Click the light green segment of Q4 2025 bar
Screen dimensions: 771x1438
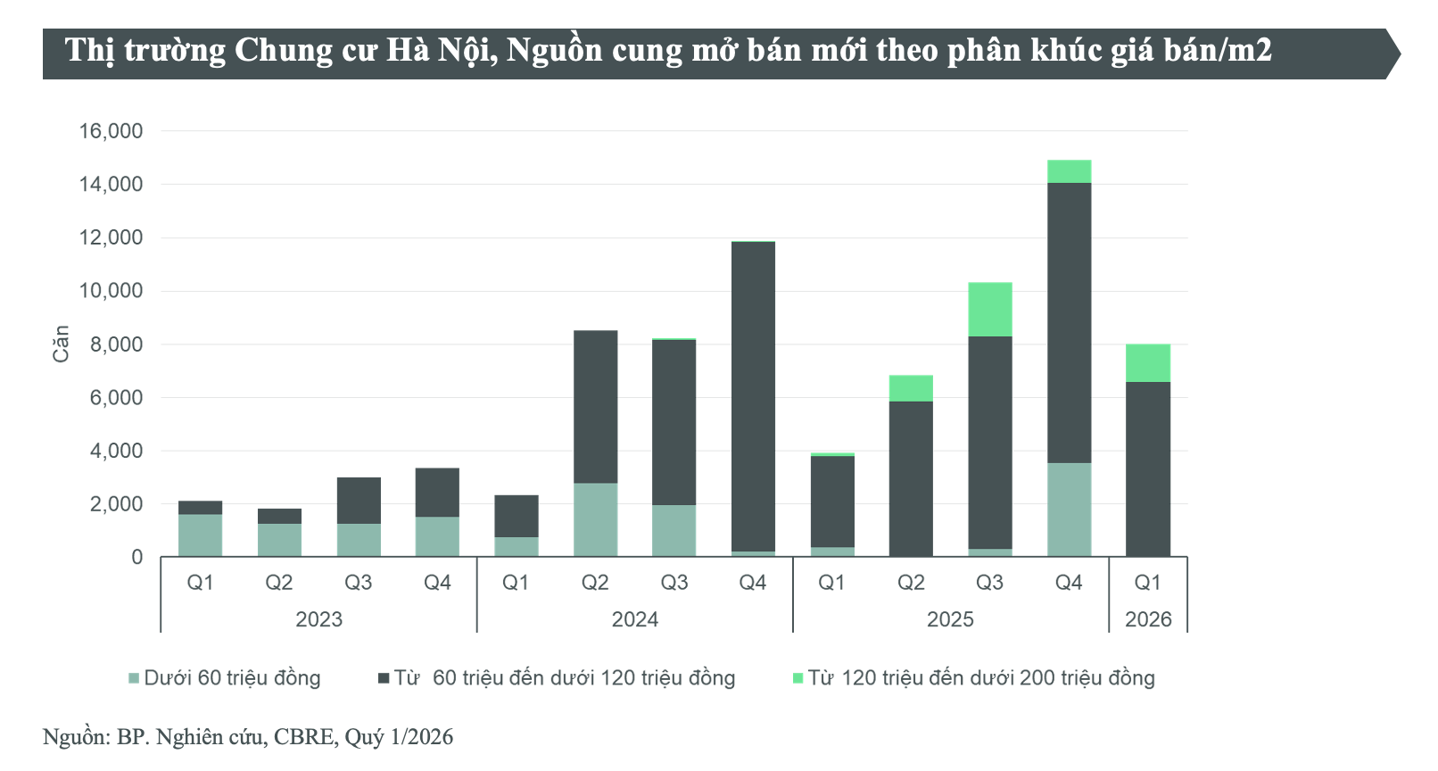[1069, 171]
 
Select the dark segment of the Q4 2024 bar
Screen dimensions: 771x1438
[753, 396]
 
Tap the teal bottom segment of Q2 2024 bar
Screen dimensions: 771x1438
[595, 519]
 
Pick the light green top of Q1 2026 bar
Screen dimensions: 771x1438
[1147, 363]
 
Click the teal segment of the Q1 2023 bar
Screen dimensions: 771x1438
[200, 535]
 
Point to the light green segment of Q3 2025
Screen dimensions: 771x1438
[989, 310]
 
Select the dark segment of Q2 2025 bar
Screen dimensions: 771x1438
[911, 478]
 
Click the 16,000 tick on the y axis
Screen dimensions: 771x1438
[111, 131]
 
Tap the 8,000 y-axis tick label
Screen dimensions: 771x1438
[116, 344]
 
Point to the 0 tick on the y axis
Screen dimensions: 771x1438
[136, 558]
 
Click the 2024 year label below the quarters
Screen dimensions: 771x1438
[634, 619]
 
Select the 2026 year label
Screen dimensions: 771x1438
[1148, 619]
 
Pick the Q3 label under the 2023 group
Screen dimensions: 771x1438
[358, 583]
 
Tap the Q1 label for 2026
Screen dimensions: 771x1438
[1147, 583]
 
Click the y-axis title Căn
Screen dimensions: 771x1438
[61, 344]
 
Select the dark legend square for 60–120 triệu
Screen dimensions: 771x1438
[384, 678]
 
